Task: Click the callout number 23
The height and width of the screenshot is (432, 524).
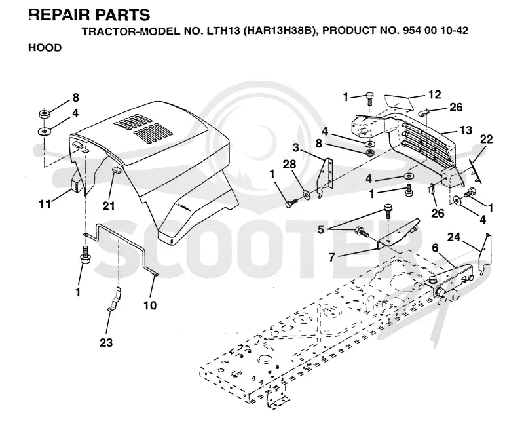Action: coord(106,342)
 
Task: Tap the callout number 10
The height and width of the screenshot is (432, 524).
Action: coord(150,305)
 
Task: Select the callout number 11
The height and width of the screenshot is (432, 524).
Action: coord(45,204)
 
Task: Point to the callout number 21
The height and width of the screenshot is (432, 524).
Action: coord(109,206)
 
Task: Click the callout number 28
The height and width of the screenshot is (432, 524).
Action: coord(290,164)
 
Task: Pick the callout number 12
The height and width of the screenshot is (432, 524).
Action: coord(434,94)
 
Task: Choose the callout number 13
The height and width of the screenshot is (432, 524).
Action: coord(466,130)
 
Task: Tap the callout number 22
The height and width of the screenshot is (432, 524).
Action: coord(486,139)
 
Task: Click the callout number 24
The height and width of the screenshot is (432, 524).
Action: coord(454,237)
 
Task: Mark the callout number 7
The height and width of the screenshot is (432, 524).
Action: coord(331,257)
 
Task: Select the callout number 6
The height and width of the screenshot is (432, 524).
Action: coord(435,248)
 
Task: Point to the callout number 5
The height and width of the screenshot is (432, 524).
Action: coord(321,229)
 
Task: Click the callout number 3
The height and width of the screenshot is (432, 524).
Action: coord(295,147)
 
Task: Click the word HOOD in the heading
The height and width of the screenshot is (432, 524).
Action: coord(45,48)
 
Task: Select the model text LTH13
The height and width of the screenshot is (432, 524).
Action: coord(220,31)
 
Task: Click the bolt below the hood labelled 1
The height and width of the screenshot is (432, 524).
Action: coord(84,256)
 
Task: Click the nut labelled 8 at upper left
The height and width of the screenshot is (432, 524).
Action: coord(45,114)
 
